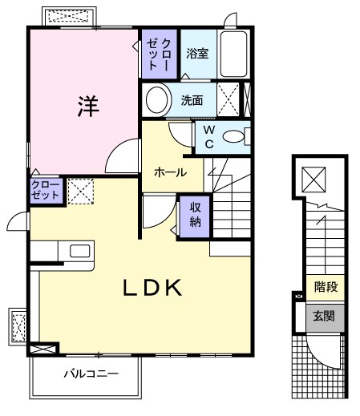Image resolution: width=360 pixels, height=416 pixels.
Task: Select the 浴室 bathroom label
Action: coord(197,54)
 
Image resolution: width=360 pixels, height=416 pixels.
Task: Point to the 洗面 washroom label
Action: coord(192,101)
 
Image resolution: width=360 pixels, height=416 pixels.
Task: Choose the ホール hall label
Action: coord(170,172)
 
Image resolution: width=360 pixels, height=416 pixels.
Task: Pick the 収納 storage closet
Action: coord(194,214)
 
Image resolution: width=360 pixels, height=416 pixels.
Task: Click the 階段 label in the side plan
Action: coord(325,285)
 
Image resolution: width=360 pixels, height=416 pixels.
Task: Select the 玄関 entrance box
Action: coord(325,316)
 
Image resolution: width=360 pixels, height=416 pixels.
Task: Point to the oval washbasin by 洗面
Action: coord(158,100)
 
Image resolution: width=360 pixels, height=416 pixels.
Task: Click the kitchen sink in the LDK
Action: coord(80,251)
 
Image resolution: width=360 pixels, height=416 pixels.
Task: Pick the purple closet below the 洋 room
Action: coord(45,191)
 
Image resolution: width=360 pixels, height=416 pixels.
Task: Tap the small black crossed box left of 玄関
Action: coord(299,297)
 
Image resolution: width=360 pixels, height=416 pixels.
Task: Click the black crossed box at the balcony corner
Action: coord(43,349)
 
